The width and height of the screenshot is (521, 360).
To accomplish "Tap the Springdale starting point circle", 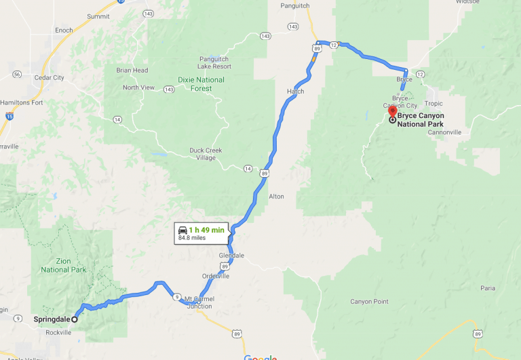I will pyautogui.click(x=75, y=319).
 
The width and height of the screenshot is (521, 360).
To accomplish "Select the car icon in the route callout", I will pyautogui.click(x=182, y=230).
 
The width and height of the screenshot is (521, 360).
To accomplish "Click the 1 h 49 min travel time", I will pyautogui.click(x=206, y=230).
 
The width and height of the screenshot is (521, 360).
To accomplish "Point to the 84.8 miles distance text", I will pyautogui.click(x=192, y=238).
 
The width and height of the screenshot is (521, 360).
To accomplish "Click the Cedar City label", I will pyautogui.click(x=49, y=77).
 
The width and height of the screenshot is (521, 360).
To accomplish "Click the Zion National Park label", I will pyautogui.click(x=64, y=265).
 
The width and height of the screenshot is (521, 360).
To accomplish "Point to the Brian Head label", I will pyautogui.click(x=132, y=70).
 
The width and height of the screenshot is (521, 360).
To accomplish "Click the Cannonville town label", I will pyautogui.click(x=444, y=132).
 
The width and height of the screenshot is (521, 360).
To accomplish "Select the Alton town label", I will pyautogui.click(x=276, y=196).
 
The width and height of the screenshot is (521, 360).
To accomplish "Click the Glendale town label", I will pyautogui.click(x=231, y=256).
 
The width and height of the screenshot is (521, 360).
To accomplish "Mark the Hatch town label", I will pyautogui.click(x=296, y=91).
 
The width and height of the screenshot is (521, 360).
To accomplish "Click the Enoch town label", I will pyautogui.click(x=64, y=31).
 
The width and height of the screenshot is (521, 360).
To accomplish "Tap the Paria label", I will pyautogui.click(x=487, y=287).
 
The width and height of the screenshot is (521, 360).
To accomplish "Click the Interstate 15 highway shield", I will pyautogui.click(x=9, y=117).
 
